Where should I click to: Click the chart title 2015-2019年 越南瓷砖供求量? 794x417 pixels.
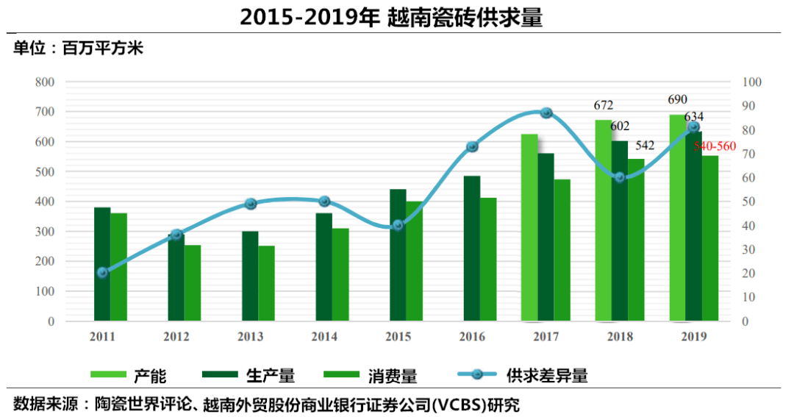(x=390, y=18)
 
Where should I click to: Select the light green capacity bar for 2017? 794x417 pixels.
(x=529, y=228)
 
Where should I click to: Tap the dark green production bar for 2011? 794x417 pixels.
(x=102, y=265)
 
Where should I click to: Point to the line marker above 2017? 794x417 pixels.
(x=546, y=113)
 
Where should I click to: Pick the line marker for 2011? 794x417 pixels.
(x=102, y=273)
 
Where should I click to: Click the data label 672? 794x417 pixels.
(x=604, y=105)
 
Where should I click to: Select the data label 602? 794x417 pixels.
(x=620, y=126)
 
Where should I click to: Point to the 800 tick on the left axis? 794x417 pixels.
(x=45, y=82)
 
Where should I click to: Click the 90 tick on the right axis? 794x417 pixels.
(x=754, y=106)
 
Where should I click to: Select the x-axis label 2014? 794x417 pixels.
(x=324, y=337)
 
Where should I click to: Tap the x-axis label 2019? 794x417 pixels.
(x=693, y=337)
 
